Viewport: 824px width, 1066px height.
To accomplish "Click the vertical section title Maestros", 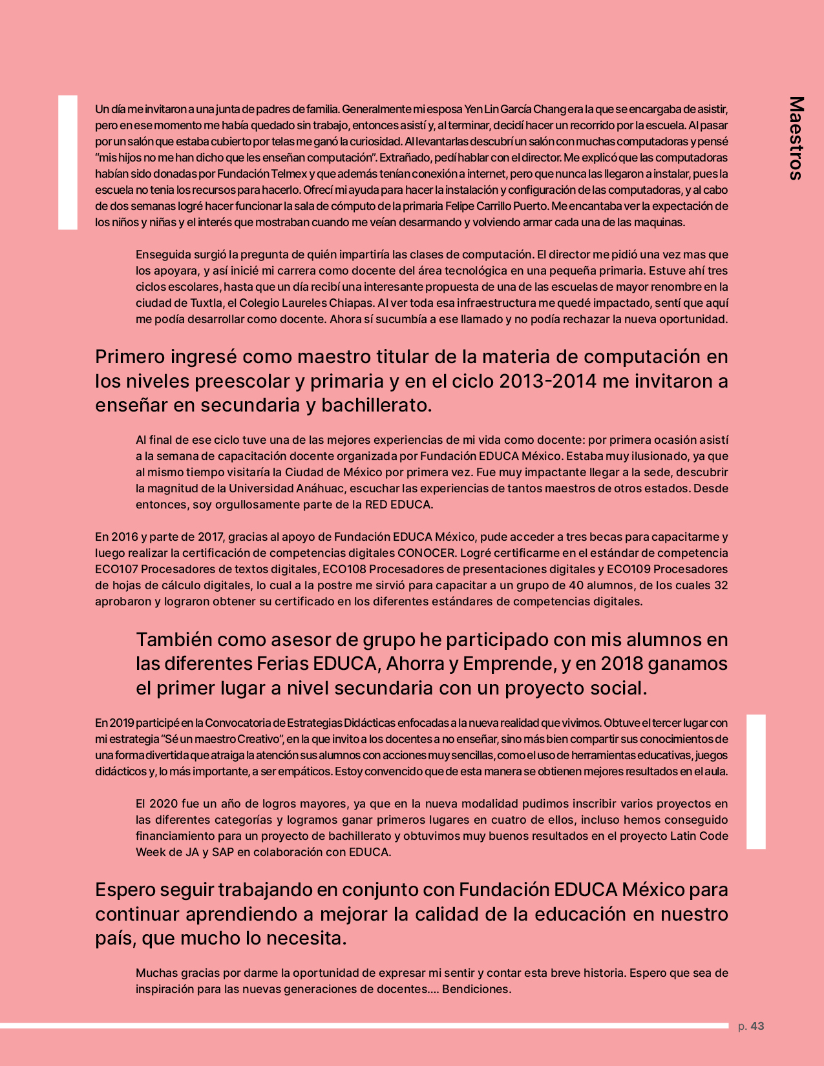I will (x=796, y=138).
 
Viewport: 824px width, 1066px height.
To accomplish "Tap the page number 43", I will (x=757, y=1026).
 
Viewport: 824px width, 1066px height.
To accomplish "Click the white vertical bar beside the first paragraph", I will (x=68, y=162).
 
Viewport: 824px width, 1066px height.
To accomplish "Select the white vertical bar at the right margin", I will (x=756, y=781).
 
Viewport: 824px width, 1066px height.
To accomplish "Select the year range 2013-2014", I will (x=548, y=381).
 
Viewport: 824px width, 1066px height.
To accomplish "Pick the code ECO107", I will (x=116, y=569).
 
